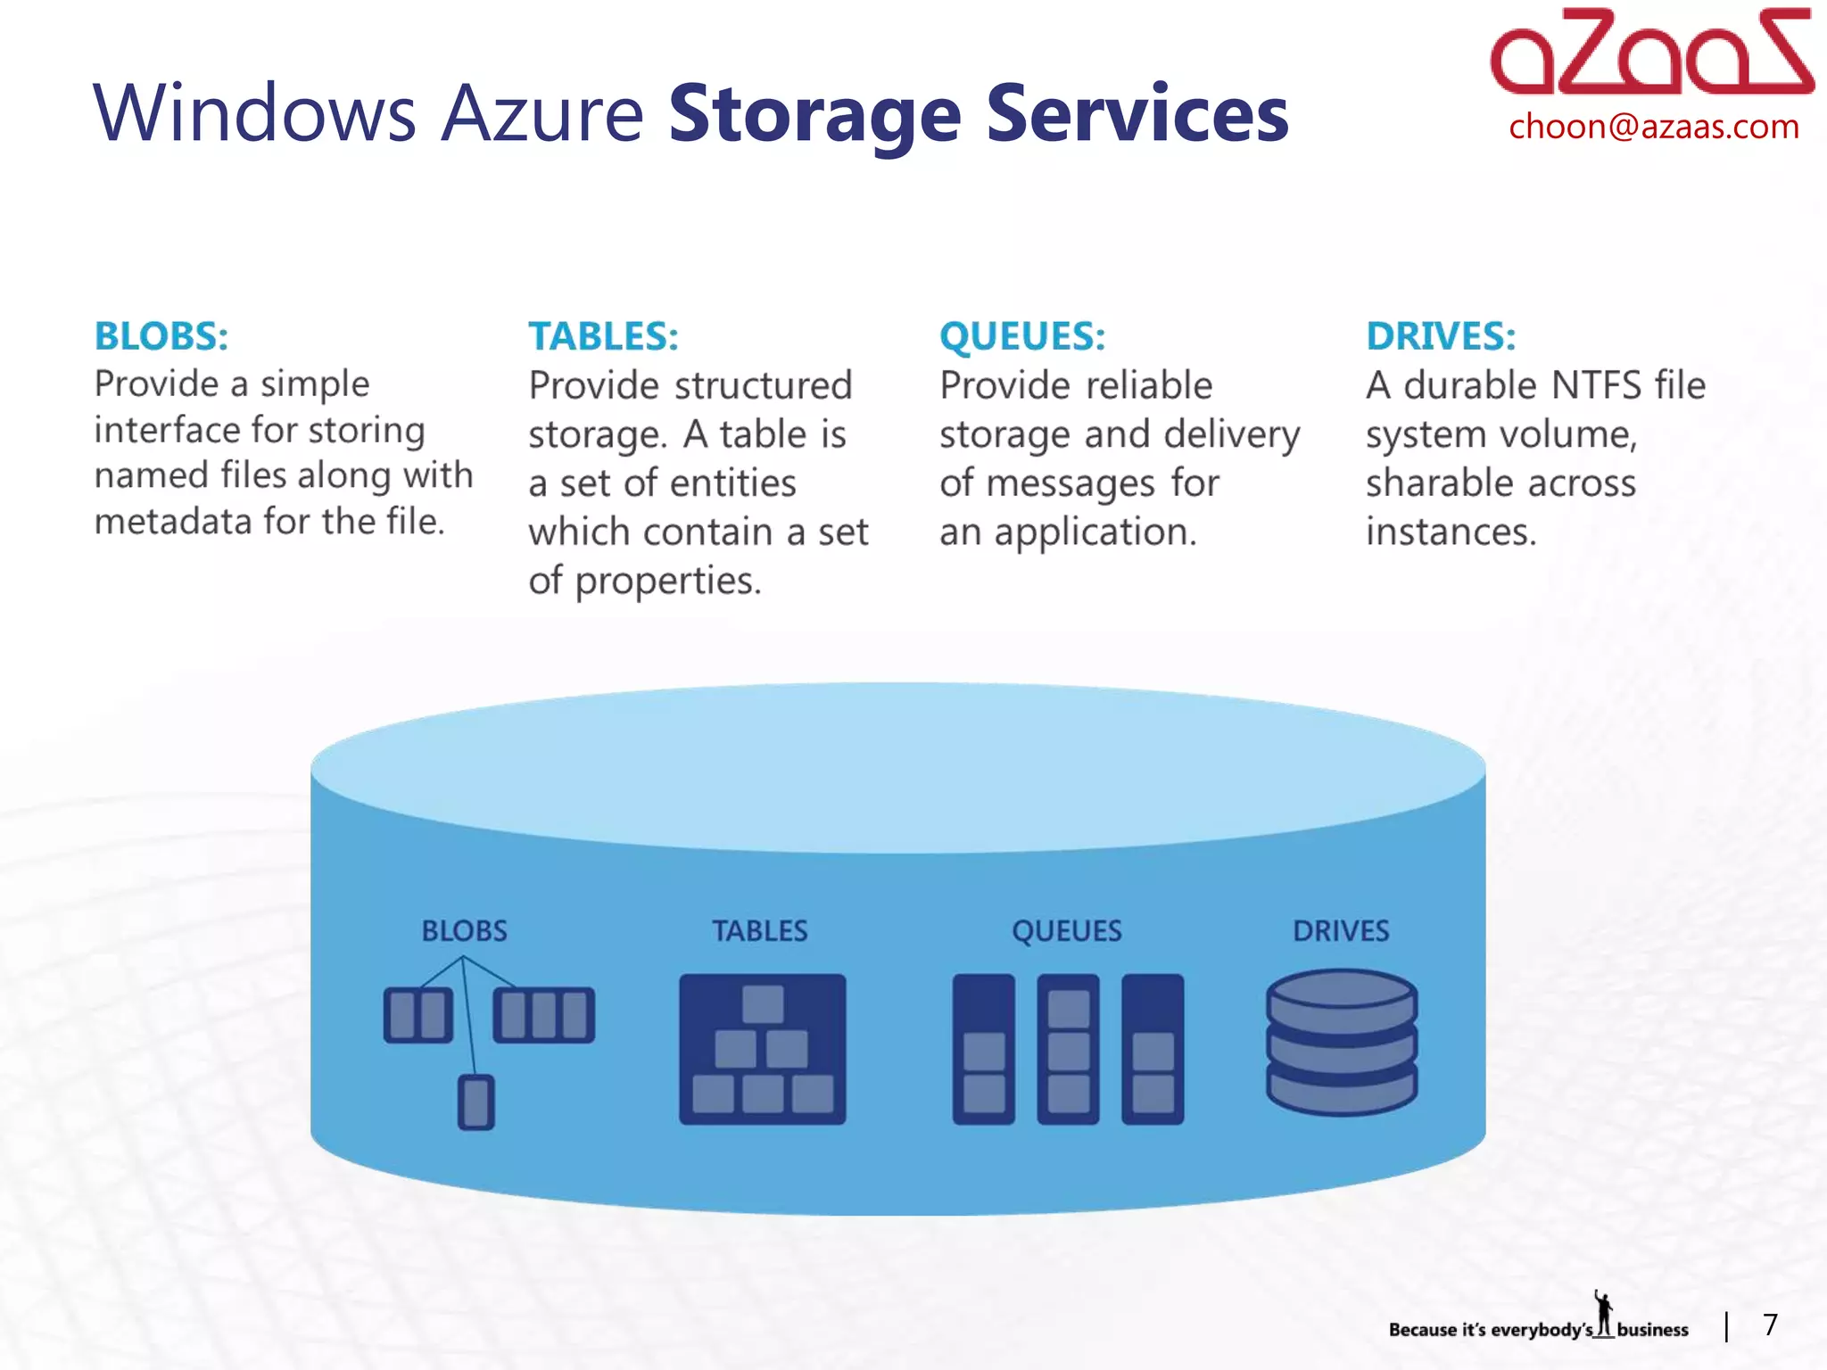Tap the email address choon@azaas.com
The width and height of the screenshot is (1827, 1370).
pyautogui.click(x=1653, y=127)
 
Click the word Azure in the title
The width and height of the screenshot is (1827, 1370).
pyautogui.click(x=542, y=113)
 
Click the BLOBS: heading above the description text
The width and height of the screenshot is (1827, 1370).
pyautogui.click(x=161, y=336)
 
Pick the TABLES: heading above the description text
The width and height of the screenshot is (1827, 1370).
pyautogui.click(x=603, y=336)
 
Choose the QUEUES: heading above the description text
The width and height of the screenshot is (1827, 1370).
pyautogui.click(x=1022, y=336)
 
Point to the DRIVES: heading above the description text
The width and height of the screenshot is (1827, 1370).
pyautogui.click(x=1441, y=336)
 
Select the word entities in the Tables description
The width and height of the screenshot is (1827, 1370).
pyautogui.click(x=732, y=483)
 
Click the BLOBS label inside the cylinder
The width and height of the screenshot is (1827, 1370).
pyautogui.click(x=464, y=931)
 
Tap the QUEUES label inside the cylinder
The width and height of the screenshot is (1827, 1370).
pyautogui.click(x=1066, y=931)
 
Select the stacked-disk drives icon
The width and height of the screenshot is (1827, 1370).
pyautogui.click(x=1341, y=1042)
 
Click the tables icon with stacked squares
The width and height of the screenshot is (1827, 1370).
pyautogui.click(x=762, y=1049)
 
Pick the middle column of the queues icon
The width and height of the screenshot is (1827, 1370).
pyautogui.click(x=1068, y=1049)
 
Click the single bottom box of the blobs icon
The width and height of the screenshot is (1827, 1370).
pyautogui.click(x=475, y=1103)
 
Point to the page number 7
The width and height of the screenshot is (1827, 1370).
pyautogui.click(x=1770, y=1325)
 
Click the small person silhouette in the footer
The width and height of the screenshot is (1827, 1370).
pyautogui.click(x=1604, y=1314)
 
